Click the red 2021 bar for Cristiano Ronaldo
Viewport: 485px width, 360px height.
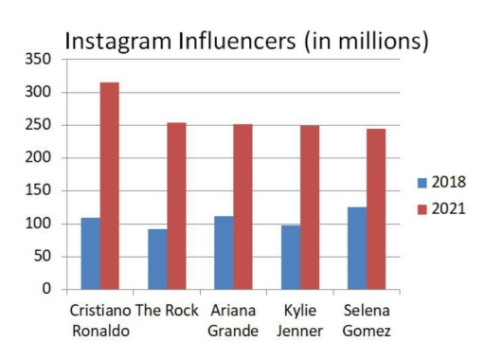tap(110, 186)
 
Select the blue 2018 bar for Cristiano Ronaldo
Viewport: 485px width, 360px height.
tap(90, 253)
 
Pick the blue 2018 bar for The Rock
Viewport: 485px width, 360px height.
tap(156, 259)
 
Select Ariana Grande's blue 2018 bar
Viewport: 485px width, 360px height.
tap(224, 252)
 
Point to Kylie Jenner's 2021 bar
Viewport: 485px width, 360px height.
tap(309, 207)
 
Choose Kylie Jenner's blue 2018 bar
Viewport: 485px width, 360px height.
tap(290, 257)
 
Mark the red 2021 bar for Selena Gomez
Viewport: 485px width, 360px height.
tap(376, 208)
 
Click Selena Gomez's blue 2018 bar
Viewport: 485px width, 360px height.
tap(357, 247)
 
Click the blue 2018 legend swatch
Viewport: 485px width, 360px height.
tap(422, 182)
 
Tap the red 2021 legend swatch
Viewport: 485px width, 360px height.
tap(422, 208)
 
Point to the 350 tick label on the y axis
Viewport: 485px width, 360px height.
tap(38, 59)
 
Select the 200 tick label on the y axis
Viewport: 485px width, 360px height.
tap(38, 158)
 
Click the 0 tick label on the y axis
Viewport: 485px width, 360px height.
tap(46, 289)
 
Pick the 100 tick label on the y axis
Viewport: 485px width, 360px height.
tap(38, 224)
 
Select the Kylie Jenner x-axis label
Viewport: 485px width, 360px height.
tap(299, 320)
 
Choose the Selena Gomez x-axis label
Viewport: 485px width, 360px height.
tap(367, 320)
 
